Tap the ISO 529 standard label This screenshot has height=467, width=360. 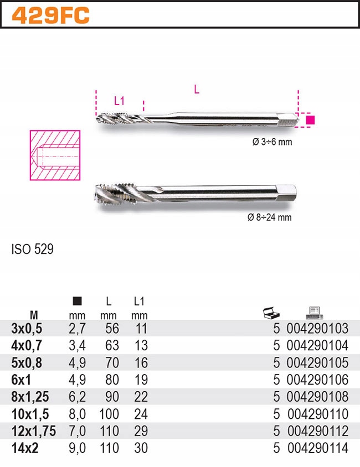click(x=33, y=250)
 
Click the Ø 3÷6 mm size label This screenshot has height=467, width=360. click(x=271, y=142)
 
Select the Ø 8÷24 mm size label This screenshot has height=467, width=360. click(x=269, y=217)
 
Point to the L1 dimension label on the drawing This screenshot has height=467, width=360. click(x=119, y=101)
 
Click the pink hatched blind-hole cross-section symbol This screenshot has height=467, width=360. click(x=54, y=155)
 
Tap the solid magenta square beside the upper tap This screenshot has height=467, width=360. click(x=310, y=120)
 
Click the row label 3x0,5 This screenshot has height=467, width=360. click(x=27, y=329)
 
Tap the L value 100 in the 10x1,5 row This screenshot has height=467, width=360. click(x=109, y=414)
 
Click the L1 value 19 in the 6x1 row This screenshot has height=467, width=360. click(x=141, y=380)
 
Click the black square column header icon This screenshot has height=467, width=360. click(x=78, y=302)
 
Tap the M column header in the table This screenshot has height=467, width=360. click(x=34, y=315)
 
